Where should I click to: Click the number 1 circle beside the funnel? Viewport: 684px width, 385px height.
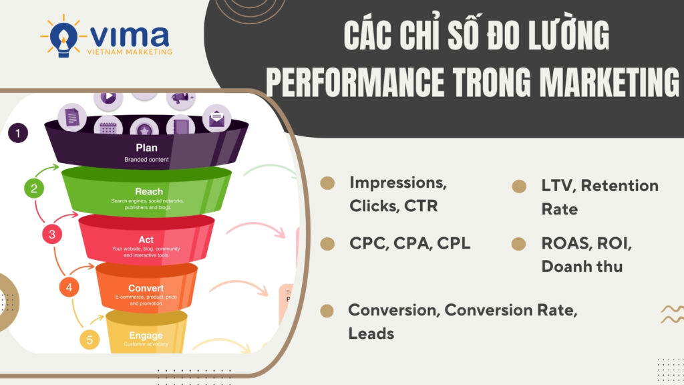[18, 134]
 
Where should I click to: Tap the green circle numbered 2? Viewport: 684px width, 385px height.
[34, 188]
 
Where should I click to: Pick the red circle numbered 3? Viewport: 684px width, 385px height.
[52, 234]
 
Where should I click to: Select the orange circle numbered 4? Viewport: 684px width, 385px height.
[69, 287]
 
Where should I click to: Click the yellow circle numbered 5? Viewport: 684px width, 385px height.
[90, 339]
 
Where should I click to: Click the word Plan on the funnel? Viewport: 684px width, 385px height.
[146, 147]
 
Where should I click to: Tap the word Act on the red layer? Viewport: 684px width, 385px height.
[146, 239]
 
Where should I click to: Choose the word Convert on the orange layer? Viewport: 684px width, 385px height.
[146, 288]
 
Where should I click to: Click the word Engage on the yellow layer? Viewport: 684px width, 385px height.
[146, 335]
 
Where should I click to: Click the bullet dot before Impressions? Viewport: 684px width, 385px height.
[327, 183]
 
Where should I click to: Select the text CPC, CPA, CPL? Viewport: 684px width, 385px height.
[409, 243]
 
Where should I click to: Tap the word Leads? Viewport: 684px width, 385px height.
[371, 333]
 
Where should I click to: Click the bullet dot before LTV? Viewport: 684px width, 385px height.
[519, 186]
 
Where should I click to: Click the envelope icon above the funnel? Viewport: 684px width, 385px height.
[216, 120]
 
